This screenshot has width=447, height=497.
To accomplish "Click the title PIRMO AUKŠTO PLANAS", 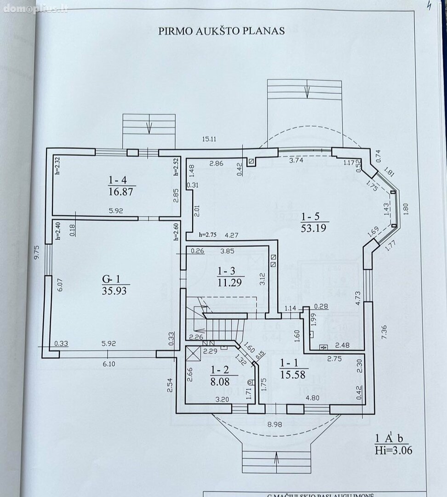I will tap(222, 31).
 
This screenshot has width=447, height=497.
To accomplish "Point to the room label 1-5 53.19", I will tap(315, 221).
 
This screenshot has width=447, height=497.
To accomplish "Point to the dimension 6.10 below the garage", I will tap(109, 364).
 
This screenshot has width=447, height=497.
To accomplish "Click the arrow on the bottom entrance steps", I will tap(275, 459).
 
